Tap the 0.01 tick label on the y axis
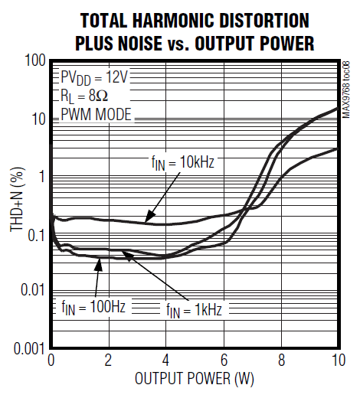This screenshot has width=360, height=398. click(x=30, y=291)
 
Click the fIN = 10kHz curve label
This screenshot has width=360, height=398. click(x=182, y=162)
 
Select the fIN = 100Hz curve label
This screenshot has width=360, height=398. click(x=93, y=306)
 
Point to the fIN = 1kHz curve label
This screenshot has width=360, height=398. click(x=196, y=309)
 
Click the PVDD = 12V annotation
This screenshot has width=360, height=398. click(x=94, y=78)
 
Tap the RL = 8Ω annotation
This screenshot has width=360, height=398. click(x=83, y=96)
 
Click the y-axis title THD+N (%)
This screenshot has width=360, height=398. click(x=16, y=203)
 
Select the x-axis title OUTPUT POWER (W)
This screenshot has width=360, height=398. click(x=194, y=379)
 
